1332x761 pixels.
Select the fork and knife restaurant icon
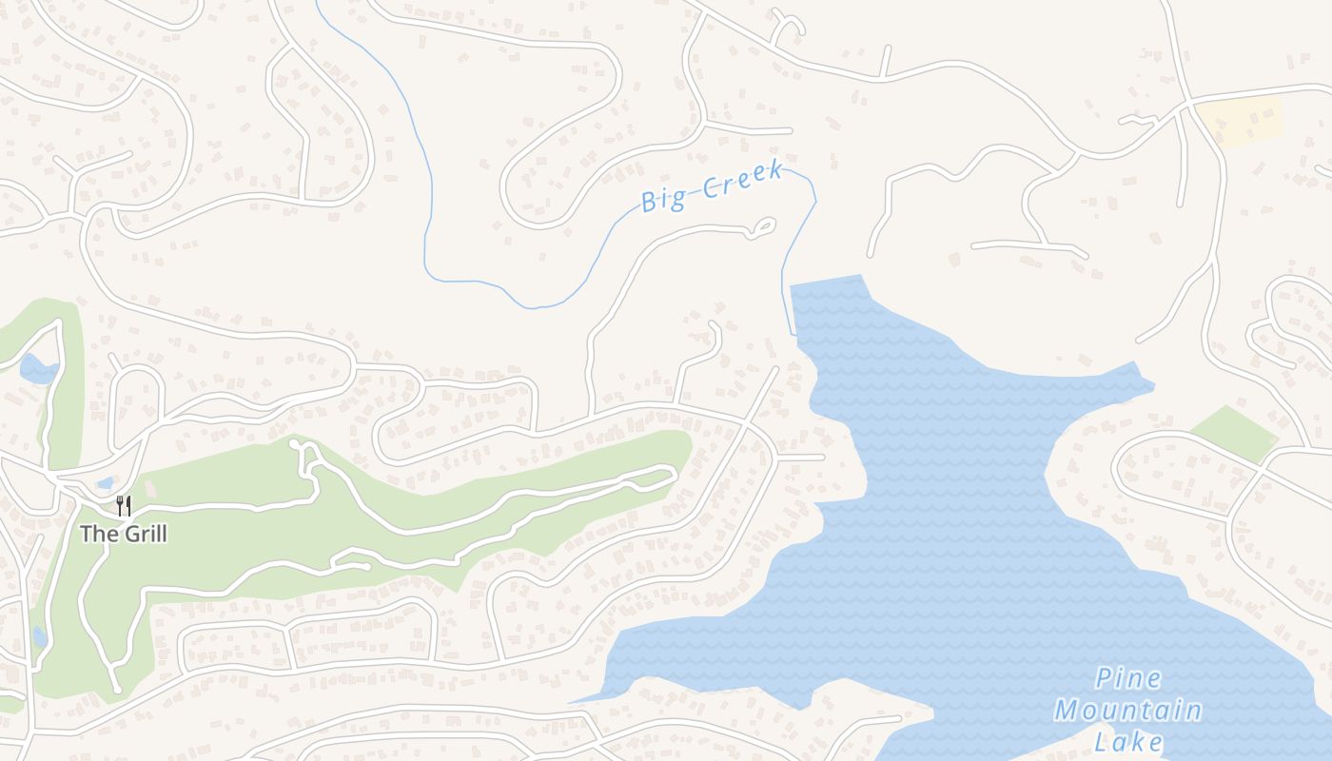point(124,504)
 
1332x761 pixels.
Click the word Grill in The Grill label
point(143,534)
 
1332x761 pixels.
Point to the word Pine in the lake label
point(1127,678)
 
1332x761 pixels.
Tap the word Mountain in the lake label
point(1127,711)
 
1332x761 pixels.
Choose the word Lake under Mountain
point(1127,742)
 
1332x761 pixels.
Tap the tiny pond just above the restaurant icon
point(106,482)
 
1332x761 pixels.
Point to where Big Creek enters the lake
point(793,333)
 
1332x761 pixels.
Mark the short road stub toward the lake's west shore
point(801,458)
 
